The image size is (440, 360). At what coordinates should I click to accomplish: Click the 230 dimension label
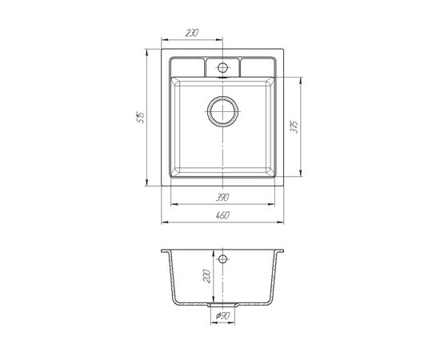tap(192, 33)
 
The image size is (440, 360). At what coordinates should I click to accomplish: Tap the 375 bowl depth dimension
tap(294, 127)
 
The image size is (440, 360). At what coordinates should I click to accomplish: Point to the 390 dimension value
tap(222, 198)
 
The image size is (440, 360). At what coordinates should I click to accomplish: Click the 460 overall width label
tap(223, 215)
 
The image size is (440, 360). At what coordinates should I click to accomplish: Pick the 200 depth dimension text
tap(206, 276)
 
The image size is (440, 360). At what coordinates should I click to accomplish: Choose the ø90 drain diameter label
tap(223, 316)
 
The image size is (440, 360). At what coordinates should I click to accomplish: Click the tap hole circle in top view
tap(222, 68)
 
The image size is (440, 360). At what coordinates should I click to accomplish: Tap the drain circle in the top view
tap(223, 111)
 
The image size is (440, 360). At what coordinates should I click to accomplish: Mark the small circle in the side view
tap(222, 259)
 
